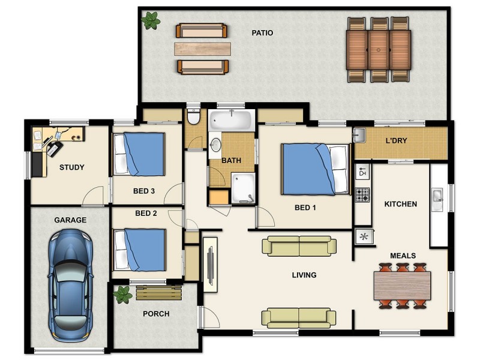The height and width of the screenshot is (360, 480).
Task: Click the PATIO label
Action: click(x=262, y=33)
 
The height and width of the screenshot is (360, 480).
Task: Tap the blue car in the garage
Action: click(x=70, y=286)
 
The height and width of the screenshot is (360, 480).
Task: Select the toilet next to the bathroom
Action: click(x=193, y=116)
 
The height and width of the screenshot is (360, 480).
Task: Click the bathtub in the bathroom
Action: click(x=231, y=121)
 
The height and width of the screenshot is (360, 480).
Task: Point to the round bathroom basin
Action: click(x=216, y=145)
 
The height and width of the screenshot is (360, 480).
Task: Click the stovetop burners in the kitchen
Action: click(x=362, y=195)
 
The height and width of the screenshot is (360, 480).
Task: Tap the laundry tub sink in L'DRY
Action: click(x=359, y=134)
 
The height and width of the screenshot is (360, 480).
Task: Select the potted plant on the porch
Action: click(x=123, y=295)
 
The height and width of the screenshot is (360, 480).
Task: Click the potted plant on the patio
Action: click(x=151, y=20)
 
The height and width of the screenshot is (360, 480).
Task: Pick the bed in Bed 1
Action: click(x=316, y=169)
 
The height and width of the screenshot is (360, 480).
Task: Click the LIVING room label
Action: click(x=304, y=275)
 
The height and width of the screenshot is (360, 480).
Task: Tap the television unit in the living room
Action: click(x=211, y=265)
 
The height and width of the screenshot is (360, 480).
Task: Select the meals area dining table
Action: click(x=402, y=286)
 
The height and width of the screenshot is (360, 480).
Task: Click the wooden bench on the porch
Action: click(x=159, y=293)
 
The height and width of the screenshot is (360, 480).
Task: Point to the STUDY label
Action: click(x=71, y=167)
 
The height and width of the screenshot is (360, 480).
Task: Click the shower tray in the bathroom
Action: click(x=243, y=188)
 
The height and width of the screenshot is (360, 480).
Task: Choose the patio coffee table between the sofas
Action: click(x=202, y=49)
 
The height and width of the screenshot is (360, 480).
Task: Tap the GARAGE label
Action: click(x=70, y=220)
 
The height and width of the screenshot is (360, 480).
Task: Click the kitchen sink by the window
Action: click(x=437, y=199)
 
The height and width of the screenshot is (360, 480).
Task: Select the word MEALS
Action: click(x=403, y=256)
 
